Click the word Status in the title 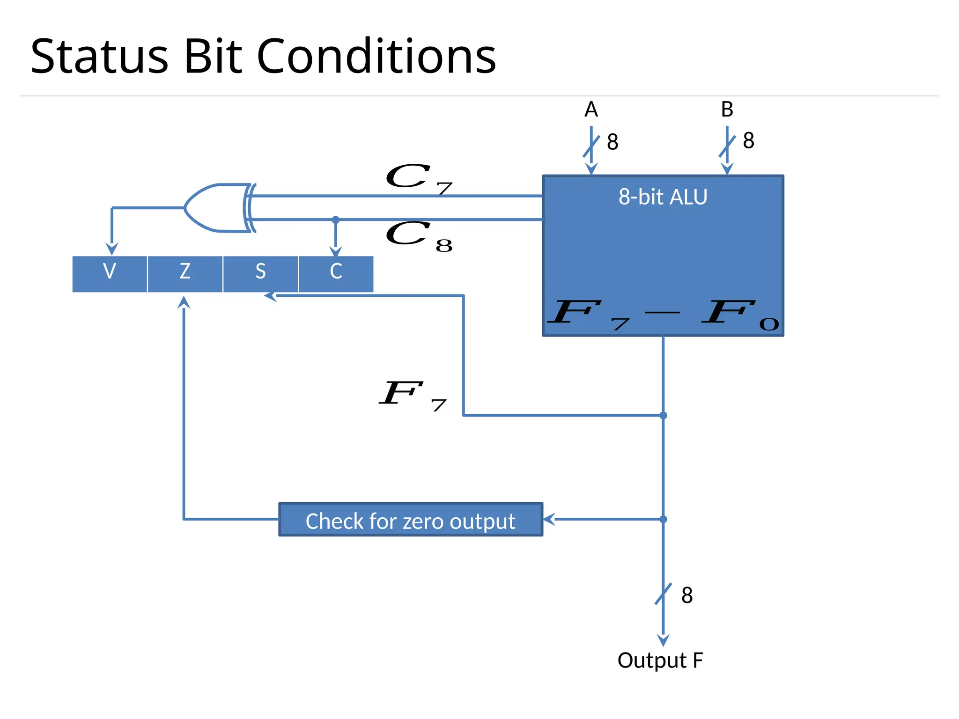point(99,57)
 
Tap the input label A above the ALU point(591,110)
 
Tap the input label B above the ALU point(727,110)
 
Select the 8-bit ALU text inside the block point(663,197)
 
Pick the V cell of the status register point(110,271)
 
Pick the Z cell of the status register point(185,271)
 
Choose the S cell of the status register point(260,271)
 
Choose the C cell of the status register point(336,271)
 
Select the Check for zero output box point(410,520)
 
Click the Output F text point(660,660)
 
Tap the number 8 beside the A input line point(612,142)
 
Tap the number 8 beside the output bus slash point(687,595)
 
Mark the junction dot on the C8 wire point(336,220)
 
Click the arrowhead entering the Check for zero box point(549,519)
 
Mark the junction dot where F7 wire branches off point(663,415)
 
